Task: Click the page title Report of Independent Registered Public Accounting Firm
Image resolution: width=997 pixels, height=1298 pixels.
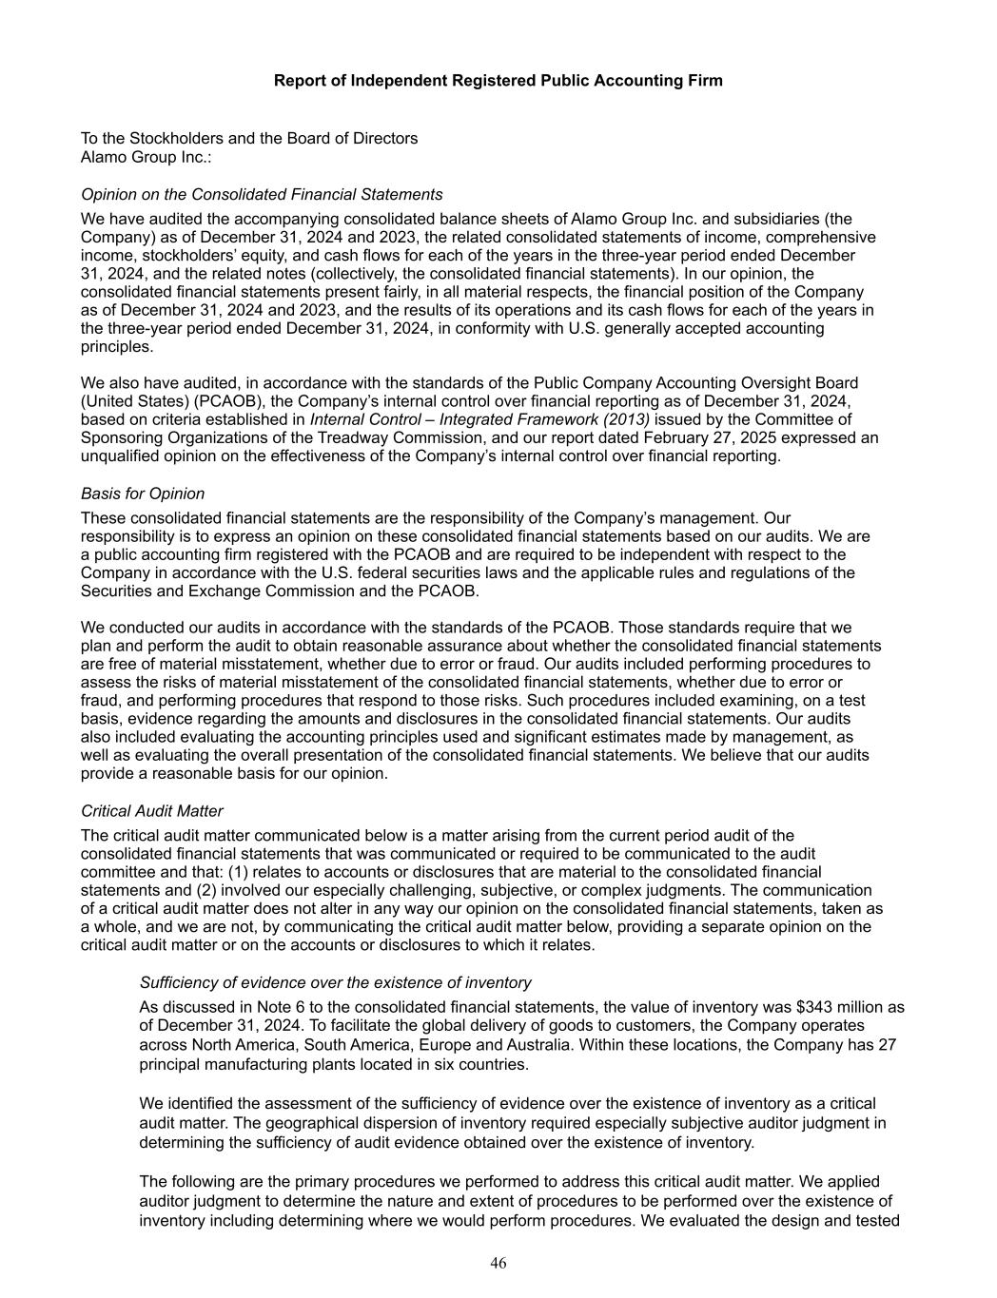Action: (498, 81)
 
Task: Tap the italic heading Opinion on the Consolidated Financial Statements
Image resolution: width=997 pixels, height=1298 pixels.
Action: (262, 195)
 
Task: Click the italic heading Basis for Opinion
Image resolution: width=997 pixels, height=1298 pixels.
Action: (143, 494)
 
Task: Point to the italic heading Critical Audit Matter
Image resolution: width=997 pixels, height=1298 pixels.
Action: (152, 811)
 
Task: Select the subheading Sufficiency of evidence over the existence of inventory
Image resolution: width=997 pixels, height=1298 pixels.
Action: (335, 982)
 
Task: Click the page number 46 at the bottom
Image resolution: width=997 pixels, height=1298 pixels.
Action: (498, 1263)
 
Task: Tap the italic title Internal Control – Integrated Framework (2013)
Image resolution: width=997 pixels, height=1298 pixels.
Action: (480, 419)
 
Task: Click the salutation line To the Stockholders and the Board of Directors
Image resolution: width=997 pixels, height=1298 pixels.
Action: (249, 139)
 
